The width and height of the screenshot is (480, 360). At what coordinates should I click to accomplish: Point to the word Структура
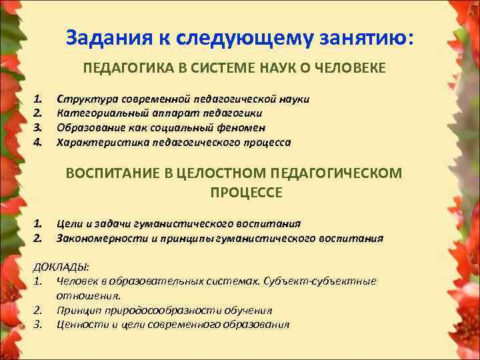84,99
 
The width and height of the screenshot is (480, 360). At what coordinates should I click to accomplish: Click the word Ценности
81,325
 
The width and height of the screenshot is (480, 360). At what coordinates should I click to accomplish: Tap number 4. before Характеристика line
38,142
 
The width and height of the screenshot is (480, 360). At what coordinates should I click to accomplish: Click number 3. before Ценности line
38,325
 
